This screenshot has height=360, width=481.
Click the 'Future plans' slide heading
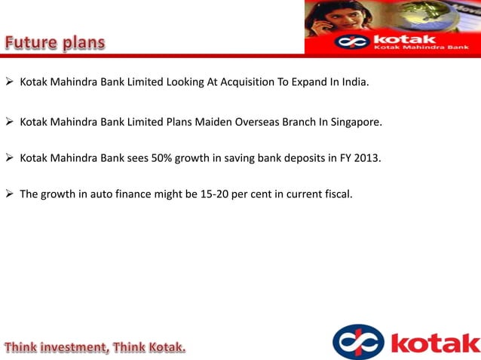pos(55,42)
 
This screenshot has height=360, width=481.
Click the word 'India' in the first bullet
pos(354,81)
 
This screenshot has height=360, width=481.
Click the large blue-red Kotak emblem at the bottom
pos(357,343)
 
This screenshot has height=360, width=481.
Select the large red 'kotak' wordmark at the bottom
pos(435,343)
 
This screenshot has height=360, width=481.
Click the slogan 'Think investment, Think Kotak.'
pos(94,347)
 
